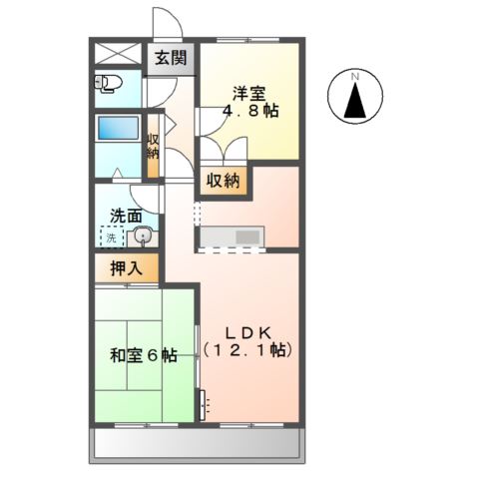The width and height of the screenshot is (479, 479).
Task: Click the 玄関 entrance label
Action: (170, 58)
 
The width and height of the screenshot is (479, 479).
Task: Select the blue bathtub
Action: (117, 131)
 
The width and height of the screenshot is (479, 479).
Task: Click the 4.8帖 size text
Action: (249, 113)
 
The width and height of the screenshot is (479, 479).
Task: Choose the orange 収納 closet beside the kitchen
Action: (224, 181)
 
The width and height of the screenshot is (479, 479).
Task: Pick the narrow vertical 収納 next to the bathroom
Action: (153, 148)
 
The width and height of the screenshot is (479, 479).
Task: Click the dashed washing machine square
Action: (112, 238)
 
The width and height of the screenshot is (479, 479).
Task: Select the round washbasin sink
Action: (141, 237)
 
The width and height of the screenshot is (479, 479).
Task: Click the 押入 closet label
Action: (126, 267)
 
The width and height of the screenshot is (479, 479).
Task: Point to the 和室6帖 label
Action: (144, 355)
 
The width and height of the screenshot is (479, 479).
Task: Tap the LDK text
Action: (247, 332)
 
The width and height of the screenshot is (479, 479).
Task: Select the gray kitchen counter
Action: (230, 236)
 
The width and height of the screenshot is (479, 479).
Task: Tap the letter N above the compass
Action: (354, 76)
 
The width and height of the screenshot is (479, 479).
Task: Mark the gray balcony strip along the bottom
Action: (198, 445)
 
